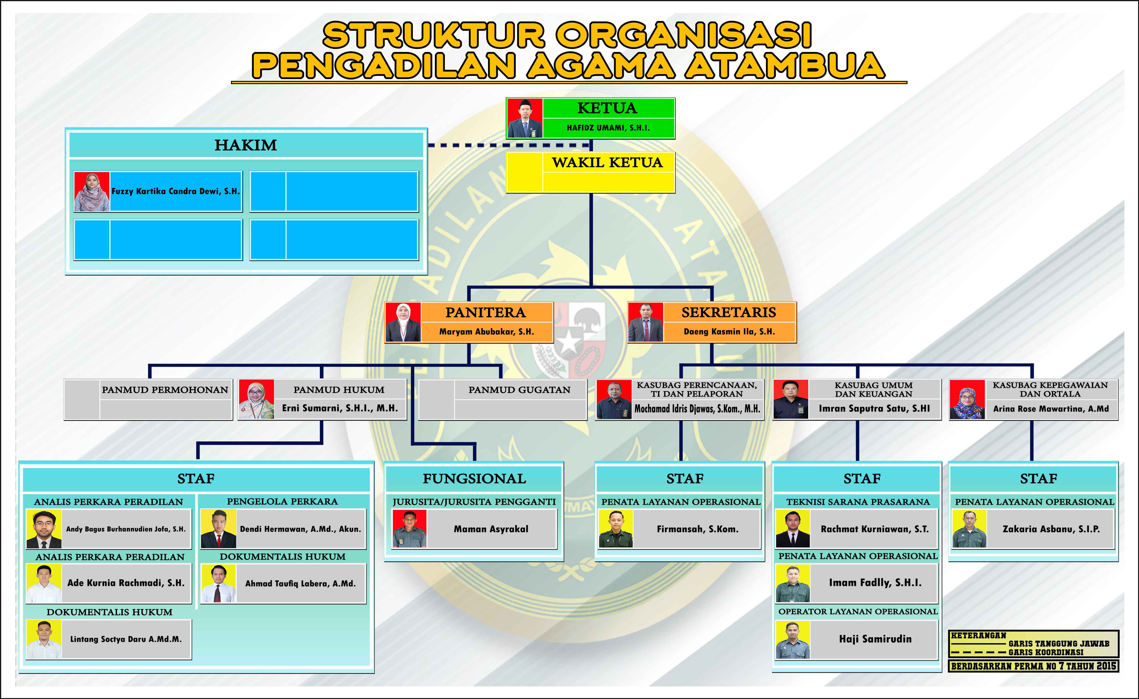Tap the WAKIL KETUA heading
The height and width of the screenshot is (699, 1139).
607,162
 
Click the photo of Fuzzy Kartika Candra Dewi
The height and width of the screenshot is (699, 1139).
92,191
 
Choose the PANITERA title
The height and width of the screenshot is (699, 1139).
485,312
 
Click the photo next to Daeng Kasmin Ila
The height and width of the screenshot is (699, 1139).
645,322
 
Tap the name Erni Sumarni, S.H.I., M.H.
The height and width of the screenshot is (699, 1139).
340,408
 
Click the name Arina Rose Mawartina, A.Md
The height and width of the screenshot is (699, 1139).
1051,408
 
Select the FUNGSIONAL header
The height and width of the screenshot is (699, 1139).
474,478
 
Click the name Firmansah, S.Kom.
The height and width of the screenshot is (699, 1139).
698,529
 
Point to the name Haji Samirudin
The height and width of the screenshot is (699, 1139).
875,639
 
